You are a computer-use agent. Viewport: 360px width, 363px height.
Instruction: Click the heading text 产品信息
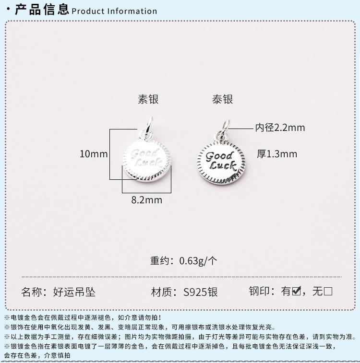tap(42, 10)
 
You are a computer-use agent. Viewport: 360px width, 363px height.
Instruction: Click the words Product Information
tap(114, 11)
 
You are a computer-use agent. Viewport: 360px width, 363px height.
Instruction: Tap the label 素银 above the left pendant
tap(148, 99)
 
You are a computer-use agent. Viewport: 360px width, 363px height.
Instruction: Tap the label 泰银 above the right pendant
tap(222, 99)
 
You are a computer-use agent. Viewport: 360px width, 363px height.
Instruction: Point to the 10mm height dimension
tap(94, 154)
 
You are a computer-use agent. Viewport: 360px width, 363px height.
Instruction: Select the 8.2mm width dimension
tap(146, 200)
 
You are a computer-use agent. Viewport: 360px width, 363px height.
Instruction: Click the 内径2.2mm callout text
tap(280, 128)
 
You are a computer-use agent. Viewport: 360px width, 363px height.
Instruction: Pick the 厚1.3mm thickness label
tap(277, 154)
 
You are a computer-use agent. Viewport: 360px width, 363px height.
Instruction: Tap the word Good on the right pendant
tap(219, 156)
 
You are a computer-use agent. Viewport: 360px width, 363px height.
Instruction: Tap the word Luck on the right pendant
tap(222, 166)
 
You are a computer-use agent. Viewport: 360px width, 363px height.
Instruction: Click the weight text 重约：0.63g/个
tap(184, 261)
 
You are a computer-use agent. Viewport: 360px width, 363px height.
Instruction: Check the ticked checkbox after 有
tap(297, 291)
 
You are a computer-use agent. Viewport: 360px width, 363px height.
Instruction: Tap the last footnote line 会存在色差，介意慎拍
tap(37, 355)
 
